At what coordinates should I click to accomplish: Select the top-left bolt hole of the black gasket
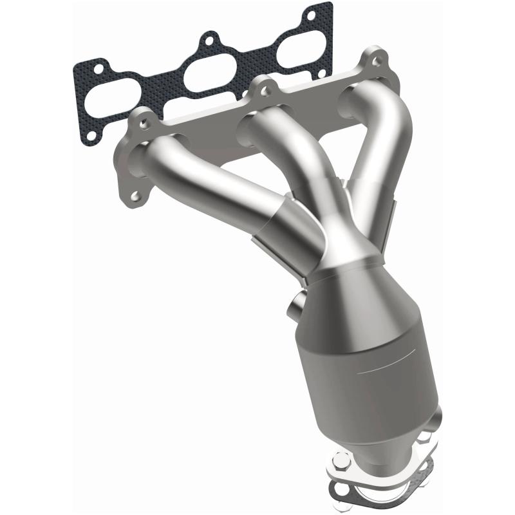(x=98, y=66)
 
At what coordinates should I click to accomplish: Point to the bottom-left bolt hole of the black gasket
(x=92, y=135)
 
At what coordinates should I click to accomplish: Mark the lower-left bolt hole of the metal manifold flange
(x=135, y=195)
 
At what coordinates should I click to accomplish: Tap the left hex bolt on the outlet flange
(x=342, y=460)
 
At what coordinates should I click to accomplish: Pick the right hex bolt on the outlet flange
(x=425, y=438)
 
